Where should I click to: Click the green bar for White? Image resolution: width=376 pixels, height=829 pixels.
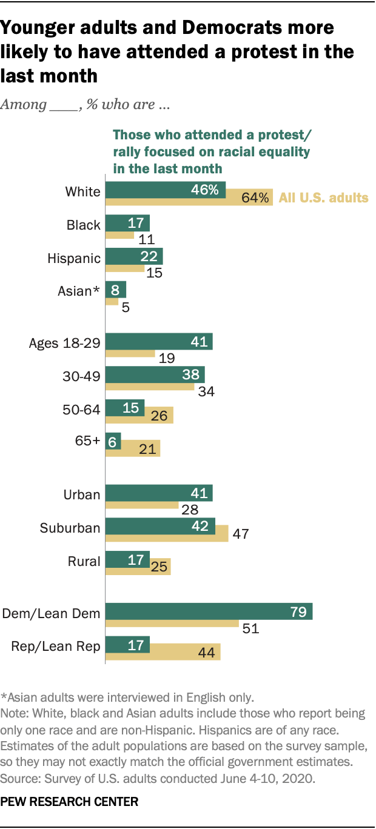pos(166,190)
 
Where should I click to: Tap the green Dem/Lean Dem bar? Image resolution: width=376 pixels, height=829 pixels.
pos(209,611)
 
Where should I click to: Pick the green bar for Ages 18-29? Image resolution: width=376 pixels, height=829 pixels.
pos(159,341)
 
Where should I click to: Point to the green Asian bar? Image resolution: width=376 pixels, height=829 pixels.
pos(116,288)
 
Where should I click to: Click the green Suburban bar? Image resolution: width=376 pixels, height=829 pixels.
pos(160,525)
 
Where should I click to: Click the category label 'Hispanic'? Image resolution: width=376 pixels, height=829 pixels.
pos(74,258)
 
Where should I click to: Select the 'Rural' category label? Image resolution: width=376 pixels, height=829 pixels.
pos(84,561)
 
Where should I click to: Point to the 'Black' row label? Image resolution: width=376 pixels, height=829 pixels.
pos(83,225)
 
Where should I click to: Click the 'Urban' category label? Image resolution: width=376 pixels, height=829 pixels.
pos(82,494)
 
